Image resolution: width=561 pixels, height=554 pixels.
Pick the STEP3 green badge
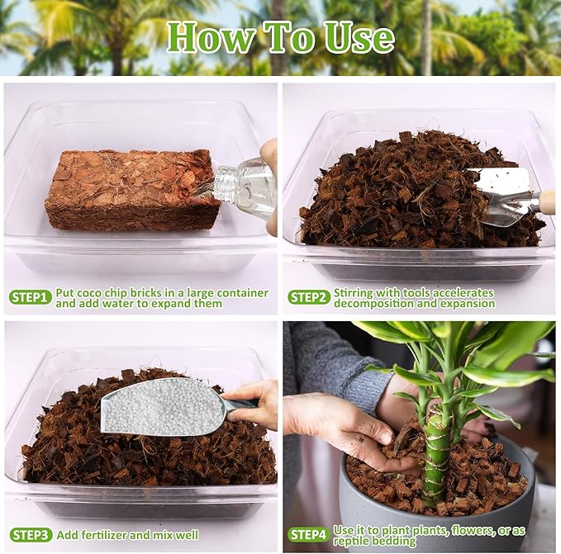click(31, 534)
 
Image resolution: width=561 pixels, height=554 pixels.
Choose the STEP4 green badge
click(309, 534)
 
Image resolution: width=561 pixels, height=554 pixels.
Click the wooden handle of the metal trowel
click(546, 202)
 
